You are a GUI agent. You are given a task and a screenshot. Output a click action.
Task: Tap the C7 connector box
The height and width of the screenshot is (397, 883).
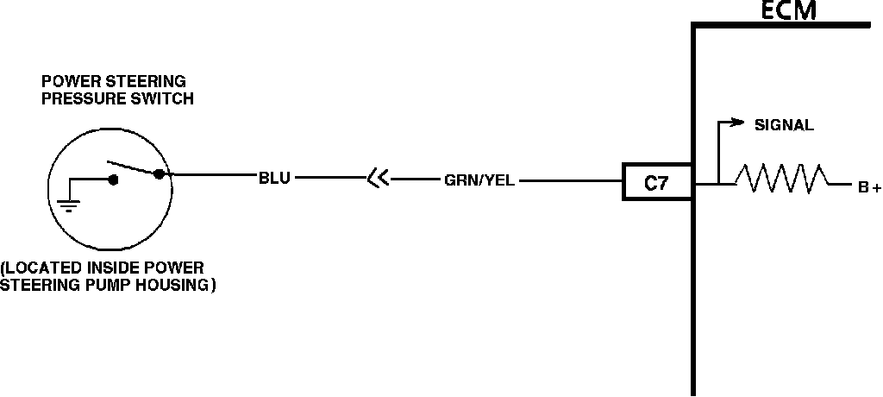pos(656,182)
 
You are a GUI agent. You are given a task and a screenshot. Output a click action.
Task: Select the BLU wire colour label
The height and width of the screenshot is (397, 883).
pos(274,180)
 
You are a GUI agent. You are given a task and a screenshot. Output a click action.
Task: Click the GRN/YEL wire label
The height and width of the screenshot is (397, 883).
pos(479,181)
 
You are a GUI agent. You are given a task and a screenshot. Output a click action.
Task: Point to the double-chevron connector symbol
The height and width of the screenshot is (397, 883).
pos(377,180)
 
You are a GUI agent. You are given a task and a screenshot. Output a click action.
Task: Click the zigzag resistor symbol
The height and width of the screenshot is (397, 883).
pos(780,179)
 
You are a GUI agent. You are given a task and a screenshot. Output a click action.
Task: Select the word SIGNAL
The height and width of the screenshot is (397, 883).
pos(784,125)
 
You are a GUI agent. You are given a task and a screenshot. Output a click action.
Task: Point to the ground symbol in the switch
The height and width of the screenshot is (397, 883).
pos(69,204)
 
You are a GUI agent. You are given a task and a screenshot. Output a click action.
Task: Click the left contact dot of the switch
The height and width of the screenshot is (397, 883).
pos(112,180)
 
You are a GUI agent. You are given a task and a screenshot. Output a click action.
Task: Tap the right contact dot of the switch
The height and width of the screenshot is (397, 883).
pos(158,173)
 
